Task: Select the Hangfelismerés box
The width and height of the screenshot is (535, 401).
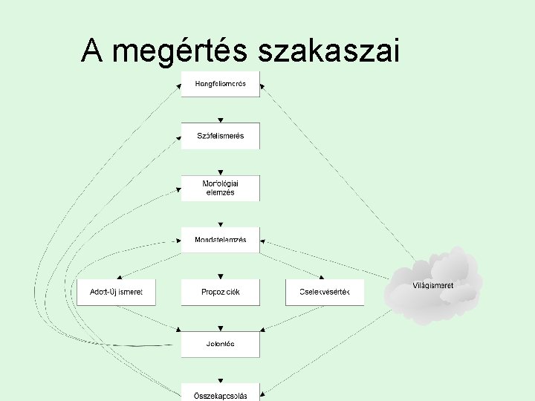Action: pyautogui.click(x=220, y=83)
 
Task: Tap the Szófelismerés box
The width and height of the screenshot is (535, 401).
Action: pyautogui.click(x=220, y=136)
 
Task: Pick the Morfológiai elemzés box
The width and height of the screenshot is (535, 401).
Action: pyautogui.click(x=220, y=187)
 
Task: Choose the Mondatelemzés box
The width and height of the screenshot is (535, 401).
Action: pyautogui.click(x=220, y=240)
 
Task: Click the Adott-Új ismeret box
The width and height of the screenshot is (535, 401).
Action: pyautogui.click(x=116, y=292)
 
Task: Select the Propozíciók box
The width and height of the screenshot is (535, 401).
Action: pyautogui.click(x=220, y=292)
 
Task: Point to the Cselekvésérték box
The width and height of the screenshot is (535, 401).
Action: pyautogui.click(x=325, y=292)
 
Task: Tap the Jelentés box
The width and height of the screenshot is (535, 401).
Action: pyautogui.click(x=220, y=344)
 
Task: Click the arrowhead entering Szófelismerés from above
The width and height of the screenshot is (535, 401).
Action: pyautogui.click(x=220, y=120)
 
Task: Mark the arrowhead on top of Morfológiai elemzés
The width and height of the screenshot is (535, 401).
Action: pyautogui.click(x=220, y=172)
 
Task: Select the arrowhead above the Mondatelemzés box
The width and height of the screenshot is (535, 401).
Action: pyautogui.click(x=220, y=224)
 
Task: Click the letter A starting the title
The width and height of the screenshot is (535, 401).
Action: pyautogui.click(x=91, y=51)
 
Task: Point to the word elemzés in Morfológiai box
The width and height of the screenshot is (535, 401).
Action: pyautogui.click(x=220, y=192)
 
